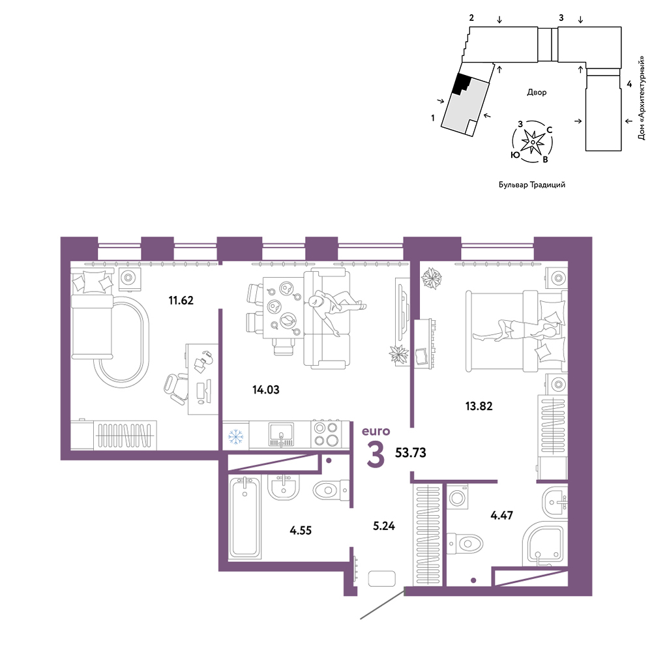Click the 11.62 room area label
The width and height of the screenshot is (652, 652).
181,300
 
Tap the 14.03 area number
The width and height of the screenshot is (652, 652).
266,390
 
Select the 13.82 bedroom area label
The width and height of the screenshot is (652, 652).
479,406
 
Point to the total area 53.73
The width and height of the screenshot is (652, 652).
410,452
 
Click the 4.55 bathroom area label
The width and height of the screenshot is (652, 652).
301,531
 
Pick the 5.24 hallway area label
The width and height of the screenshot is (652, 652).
384,526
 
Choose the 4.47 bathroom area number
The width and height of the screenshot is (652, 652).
502,516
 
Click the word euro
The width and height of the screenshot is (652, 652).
376,431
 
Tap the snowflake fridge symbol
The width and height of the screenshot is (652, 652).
235,436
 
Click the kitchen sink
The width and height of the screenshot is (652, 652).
281,434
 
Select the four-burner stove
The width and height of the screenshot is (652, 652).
326,434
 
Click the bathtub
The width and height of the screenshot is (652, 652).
244,517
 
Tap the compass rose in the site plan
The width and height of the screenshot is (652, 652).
532,141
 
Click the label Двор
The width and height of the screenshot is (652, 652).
537,93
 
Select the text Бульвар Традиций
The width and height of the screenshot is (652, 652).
532,185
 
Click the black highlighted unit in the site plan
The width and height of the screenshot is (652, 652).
461,83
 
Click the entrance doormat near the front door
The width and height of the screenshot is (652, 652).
381,579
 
